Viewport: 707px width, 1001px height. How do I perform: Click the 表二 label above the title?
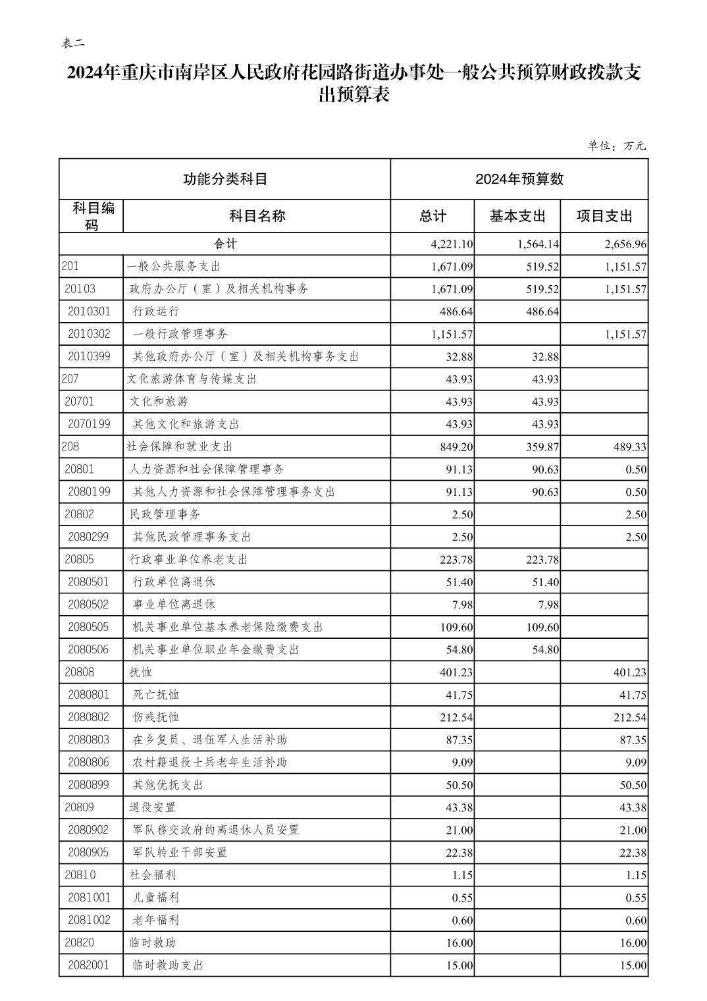click(73, 43)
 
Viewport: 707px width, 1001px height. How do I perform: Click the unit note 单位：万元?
click(616, 146)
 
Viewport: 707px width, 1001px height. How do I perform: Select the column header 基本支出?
click(517, 216)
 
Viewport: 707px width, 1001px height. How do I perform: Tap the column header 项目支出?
click(604, 216)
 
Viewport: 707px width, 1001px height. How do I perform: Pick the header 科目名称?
click(257, 216)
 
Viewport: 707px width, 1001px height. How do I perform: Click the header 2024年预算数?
click(519, 179)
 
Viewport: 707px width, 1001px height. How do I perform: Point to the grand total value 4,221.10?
click(452, 244)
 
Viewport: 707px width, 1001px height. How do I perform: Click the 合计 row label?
click(224, 244)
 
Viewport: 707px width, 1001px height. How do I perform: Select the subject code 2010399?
click(89, 356)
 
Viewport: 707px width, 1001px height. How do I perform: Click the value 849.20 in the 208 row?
click(457, 446)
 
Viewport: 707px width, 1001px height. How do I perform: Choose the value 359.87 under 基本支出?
click(543, 446)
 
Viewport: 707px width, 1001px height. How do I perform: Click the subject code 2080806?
click(89, 762)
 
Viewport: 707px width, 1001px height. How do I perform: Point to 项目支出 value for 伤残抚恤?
click(630, 717)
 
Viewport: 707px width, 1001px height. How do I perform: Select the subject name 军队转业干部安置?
click(180, 852)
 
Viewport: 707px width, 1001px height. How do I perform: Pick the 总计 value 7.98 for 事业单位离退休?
click(461, 605)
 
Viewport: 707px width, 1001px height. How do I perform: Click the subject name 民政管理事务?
click(165, 514)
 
